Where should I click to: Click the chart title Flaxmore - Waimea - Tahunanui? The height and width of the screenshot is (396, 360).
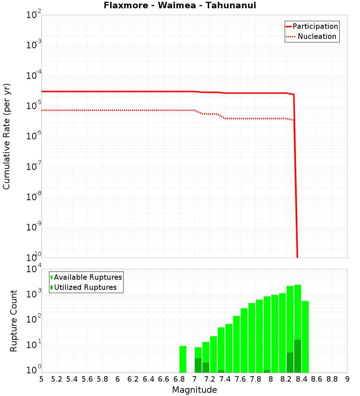pyautogui.click(x=180, y=6)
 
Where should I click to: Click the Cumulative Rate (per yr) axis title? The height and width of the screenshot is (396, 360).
pyautogui.click(x=6, y=136)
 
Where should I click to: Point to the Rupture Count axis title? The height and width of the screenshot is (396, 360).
pyautogui.click(x=14, y=321)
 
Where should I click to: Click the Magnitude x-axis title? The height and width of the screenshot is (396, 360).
pyautogui.click(x=194, y=390)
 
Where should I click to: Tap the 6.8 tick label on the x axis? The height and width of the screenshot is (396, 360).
pyautogui.click(x=179, y=379)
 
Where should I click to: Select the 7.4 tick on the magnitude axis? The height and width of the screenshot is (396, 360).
pyautogui.click(x=225, y=379)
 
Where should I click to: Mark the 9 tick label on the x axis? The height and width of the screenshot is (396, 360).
pyautogui.click(x=347, y=379)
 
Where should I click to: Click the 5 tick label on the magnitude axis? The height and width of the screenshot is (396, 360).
pyautogui.click(x=41, y=379)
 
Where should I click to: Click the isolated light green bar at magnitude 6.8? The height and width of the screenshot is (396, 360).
pyautogui.click(x=183, y=359)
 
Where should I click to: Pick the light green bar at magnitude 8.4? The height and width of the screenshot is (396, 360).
pyautogui.click(x=305, y=337)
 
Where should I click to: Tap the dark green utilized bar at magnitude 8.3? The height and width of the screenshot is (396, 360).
pyautogui.click(x=298, y=356)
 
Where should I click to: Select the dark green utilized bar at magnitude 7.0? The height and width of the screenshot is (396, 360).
pyautogui.click(x=198, y=365)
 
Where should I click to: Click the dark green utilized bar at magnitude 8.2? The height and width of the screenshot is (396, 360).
pyautogui.click(x=290, y=363)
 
